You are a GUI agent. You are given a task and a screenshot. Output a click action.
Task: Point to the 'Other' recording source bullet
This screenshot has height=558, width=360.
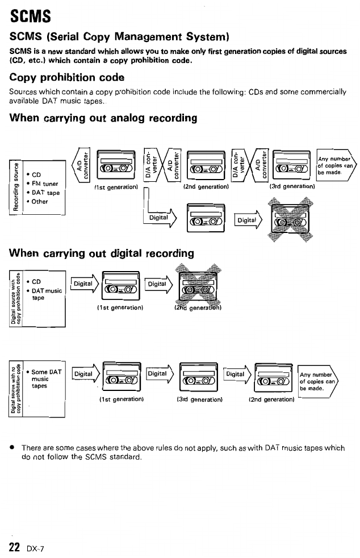pos(40,201)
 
